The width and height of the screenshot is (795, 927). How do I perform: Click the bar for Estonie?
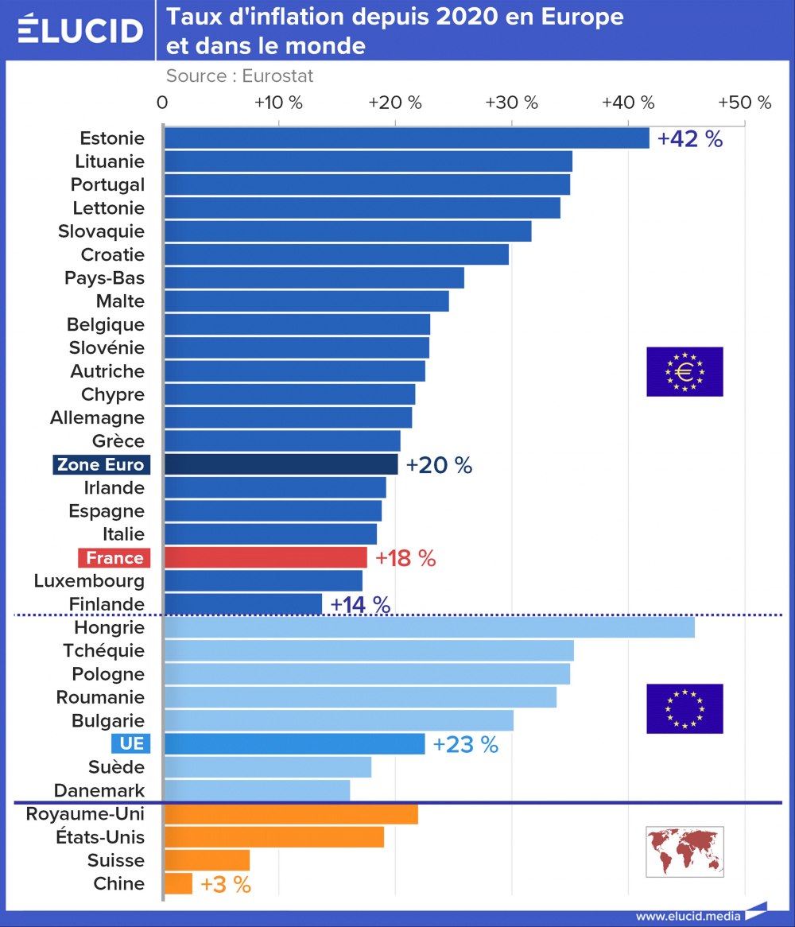click(x=406, y=138)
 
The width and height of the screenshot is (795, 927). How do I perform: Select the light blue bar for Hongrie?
click(x=429, y=627)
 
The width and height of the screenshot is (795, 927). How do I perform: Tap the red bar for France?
click(x=266, y=557)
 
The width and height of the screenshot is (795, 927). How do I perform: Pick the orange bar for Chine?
click(x=178, y=883)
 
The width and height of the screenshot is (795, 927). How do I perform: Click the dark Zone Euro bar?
click(x=281, y=464)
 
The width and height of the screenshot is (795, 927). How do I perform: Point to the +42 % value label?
click(x=690, y=138)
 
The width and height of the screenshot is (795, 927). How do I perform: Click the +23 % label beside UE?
click(x=465, y=745)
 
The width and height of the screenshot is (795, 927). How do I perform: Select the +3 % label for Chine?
click(x=226, y=884)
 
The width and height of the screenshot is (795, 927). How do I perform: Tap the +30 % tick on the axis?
click(x=512, y=103)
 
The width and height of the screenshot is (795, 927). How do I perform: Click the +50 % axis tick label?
click(x=744, y=103)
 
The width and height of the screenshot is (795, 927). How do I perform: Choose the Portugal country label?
click(x=107, y=184)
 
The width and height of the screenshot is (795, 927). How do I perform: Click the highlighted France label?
click(x=114, y=557)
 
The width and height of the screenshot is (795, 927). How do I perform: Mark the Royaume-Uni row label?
click(x=85, y=814)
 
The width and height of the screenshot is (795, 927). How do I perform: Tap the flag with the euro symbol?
click(x=684, y=371)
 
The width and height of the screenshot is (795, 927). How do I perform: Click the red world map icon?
click(x=684, y=851)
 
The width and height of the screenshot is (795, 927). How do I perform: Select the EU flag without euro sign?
click(x=684, y=708)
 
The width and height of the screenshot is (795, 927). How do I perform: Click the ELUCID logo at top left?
click(x=79, y=29)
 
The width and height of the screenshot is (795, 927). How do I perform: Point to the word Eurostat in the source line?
click(x=277, y=76)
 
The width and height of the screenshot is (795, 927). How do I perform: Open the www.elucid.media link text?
click(x=688, y=916)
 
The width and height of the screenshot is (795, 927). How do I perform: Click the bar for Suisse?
click(x=207, y=860)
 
